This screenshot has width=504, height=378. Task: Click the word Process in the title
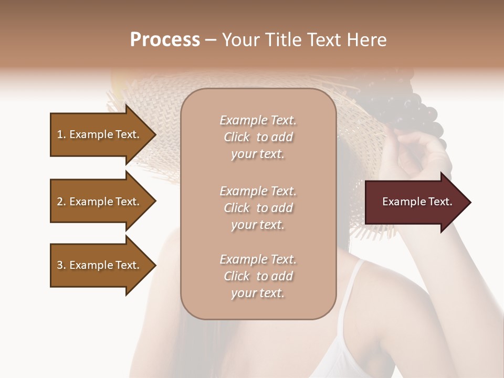[165, 40]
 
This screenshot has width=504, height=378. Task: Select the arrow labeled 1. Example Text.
[100, 134]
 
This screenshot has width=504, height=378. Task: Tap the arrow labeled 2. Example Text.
[100, 202]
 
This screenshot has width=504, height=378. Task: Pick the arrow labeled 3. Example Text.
[100, 265]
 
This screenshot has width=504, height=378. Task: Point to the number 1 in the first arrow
[59, 134]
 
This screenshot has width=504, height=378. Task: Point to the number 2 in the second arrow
[59, 202]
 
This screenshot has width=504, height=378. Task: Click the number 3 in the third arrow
[59, 265]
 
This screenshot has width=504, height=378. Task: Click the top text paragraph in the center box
[258, 137]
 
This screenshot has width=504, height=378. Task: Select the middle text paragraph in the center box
[258, 208]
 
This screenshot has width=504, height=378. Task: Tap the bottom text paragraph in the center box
[258, 276]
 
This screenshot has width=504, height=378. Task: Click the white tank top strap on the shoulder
[351, 294]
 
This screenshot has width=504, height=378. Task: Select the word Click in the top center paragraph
[237, 137]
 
